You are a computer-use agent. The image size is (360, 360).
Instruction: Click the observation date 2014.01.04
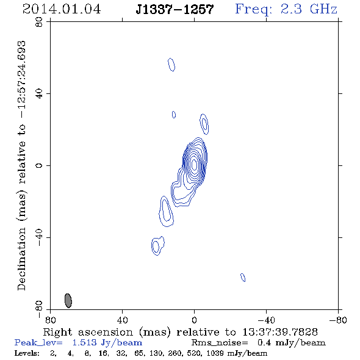(62, 9)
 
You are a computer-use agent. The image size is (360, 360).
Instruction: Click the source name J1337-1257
(175, 9)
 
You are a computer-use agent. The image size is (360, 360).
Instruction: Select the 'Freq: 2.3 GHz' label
(286, 9)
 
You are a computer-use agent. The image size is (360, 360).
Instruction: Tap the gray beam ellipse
(68, 301)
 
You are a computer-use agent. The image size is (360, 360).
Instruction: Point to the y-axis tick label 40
(39, 94)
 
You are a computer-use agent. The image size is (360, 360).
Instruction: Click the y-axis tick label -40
(39, 237)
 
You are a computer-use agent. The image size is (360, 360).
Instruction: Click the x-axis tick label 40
(122, 320)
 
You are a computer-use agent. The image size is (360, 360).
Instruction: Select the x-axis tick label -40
(266, 320)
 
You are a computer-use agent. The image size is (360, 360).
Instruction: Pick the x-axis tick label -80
(338, 320)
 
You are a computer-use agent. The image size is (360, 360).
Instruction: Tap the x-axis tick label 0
(194, 320)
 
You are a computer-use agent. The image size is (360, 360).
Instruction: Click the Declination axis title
(21, 165)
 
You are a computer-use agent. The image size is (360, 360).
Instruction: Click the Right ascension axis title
(180, 332)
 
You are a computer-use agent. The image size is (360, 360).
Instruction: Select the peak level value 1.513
(84, 342)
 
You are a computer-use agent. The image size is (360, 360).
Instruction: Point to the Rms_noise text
(220, 343)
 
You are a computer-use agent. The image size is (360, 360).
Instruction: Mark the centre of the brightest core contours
(194, 164)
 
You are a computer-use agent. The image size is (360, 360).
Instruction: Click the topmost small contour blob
(171, 65)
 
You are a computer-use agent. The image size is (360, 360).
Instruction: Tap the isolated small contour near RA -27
(243, 278)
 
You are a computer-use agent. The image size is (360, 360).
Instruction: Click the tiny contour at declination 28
(174, 115)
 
